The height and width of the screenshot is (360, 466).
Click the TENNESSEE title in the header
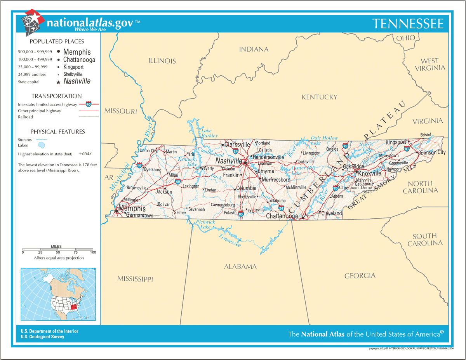tap(408, 24)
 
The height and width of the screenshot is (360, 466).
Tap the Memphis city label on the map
tap(132, 208)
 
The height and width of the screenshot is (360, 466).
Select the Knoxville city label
tap(370, 174)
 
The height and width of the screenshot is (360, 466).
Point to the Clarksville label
tap(237, 144)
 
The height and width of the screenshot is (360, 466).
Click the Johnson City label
tap(432, 153)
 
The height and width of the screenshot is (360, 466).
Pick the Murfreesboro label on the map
tap(276, 180)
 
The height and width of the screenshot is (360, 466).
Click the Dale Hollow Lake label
tap(324, 140)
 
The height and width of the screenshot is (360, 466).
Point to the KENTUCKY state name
tap(320, 97)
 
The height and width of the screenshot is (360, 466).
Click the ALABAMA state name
tap(240, 266)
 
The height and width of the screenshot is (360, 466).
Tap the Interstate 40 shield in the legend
tap(89, 104)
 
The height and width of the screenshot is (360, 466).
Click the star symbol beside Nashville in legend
tap(59, 82)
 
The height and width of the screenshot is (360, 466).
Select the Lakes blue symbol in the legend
tap(42, 145)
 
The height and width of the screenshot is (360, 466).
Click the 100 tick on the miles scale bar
tap(93, 252)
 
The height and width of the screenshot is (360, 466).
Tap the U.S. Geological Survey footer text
tap(42, 337)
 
